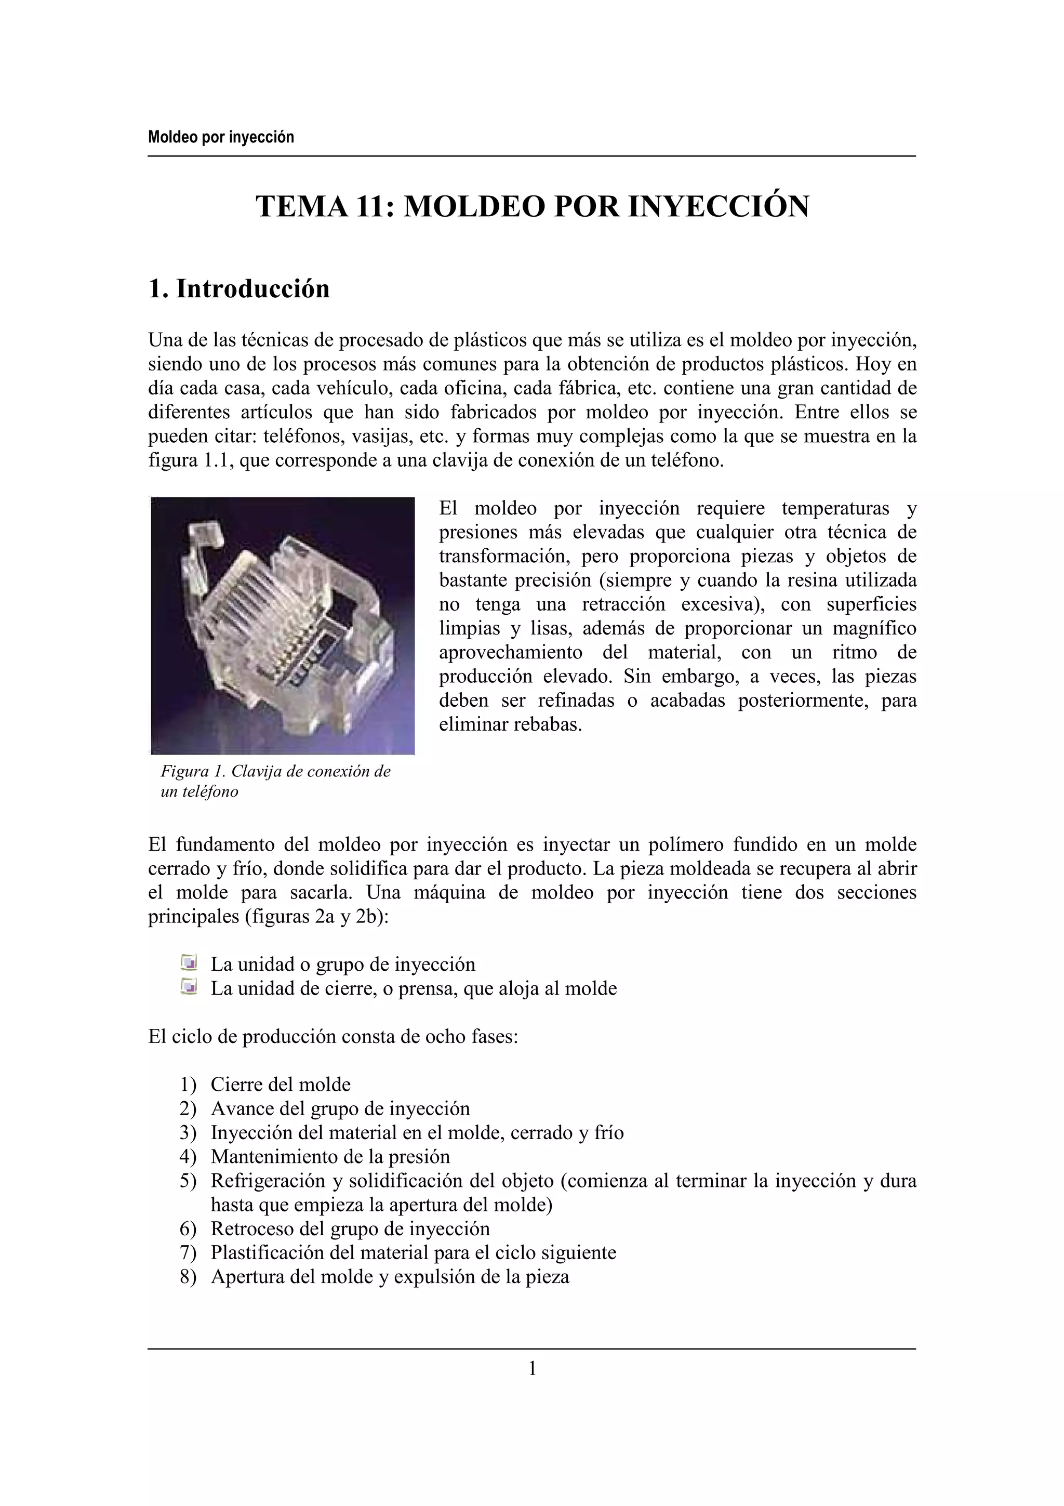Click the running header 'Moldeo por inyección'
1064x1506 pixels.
coord(221,137)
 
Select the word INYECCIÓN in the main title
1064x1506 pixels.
coord(719,207)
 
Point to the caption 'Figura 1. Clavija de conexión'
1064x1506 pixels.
coord(275,771)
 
